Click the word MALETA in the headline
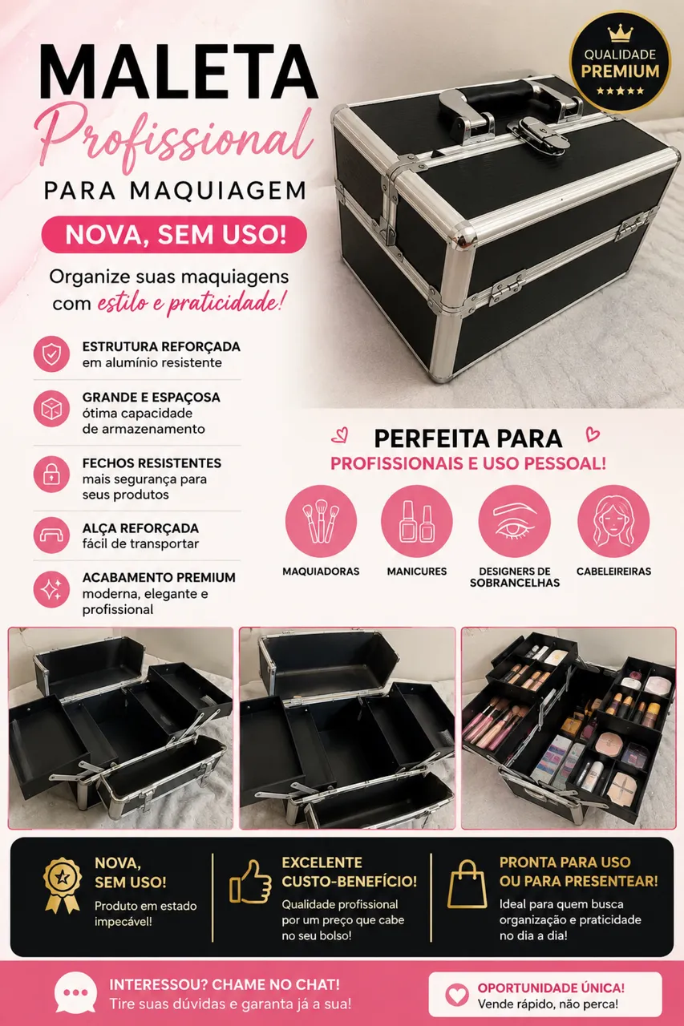click(x=179, y=72)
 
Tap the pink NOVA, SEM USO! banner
click(x=174, y=235)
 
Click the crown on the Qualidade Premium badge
click(x=620, y=33)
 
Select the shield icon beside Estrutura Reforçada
click(x=51, y=354)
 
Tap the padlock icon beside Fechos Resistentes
click(x=51, y=474)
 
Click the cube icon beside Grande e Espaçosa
click(x=51, y=409)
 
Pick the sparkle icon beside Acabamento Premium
click(x=51, y=589)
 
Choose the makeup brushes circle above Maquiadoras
click(x=321, y=521)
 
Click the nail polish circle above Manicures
click(x=417, y=521)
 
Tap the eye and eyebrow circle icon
click(x=515, y=521)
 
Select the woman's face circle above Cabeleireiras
click(x=613, y=521)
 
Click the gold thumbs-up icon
click(x=250, y=882)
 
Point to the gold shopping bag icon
click(x=467, y=883)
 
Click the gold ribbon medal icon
click(x=63, y=886)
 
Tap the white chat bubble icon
click(x=75, y=992)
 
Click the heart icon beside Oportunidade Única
click(x=457, y=995)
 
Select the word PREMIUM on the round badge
click(x=620, y=71)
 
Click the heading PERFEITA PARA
click(x=468, y=438)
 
